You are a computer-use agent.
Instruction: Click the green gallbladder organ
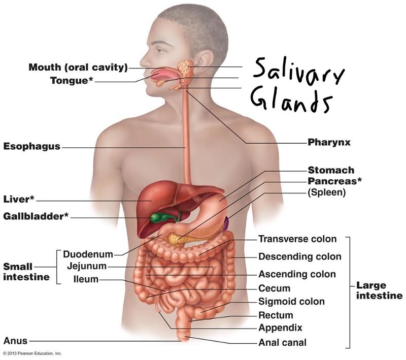coord(158,217)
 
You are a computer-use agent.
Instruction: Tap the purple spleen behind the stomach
coord(226,224)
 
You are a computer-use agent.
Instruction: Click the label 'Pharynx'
coord(329,142)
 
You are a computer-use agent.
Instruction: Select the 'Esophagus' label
coord(32,146)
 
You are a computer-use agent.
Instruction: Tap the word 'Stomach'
coord(331,170)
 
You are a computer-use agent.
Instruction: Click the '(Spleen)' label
coord(326,192)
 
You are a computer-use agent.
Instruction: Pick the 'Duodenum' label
coord(88,254)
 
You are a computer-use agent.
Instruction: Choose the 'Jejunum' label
coord(87,266)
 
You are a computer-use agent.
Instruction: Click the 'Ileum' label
coord(86,279)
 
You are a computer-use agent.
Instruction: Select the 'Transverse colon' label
coord(297,239)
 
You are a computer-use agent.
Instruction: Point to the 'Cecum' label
coord(274,288)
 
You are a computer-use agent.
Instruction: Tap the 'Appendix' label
coord(281,328)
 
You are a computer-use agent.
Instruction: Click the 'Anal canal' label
coord(283,343)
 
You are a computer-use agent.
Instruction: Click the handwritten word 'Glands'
coord(291,101)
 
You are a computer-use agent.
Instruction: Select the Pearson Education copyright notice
coord(32,353)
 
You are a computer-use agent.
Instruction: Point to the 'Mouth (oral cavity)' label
coord(78,68)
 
